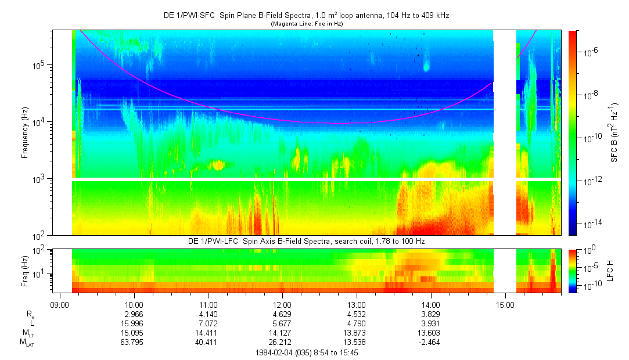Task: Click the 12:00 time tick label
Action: coord(282,304)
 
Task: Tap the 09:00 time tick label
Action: coord(60,304)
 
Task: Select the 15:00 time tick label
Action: coord(505,304)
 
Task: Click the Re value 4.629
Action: coord(282,314)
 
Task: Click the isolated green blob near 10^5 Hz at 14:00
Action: coord(426,66)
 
